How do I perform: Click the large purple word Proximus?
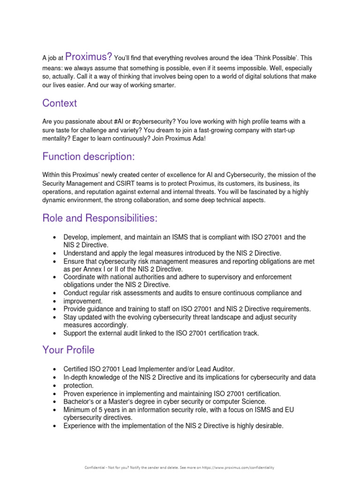tap(89, 57)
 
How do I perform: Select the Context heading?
tap(60, 103)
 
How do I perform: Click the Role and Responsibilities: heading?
tap(100, 218)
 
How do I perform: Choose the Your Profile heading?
tap(68, 350)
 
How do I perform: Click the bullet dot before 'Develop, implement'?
tap(55, 238)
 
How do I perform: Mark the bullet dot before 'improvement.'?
tap(55, 301)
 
